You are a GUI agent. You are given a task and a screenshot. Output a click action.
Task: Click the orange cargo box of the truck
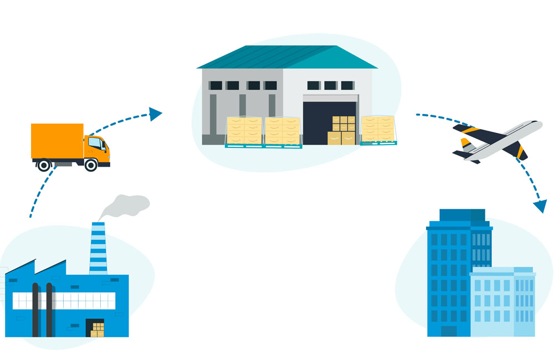[57, 141]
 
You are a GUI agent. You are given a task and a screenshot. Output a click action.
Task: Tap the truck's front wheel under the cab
[90, 164]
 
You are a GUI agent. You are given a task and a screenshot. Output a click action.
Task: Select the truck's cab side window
[95, 143]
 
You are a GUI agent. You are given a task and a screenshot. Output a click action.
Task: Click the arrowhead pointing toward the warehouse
[156, 115]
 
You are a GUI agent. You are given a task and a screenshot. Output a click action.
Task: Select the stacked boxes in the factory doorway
[98, 330]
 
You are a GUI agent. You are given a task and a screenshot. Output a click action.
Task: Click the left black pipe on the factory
[35, 310]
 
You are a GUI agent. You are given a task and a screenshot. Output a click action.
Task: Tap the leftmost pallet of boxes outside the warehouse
[244, 132]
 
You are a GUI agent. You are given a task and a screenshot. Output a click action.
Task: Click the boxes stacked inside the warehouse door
[342, 131]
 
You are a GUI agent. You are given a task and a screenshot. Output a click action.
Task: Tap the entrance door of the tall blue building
[449, 331]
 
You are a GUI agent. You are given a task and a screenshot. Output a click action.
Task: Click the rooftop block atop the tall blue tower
[462, 214]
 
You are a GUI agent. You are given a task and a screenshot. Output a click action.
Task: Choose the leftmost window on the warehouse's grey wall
[216, 85]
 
